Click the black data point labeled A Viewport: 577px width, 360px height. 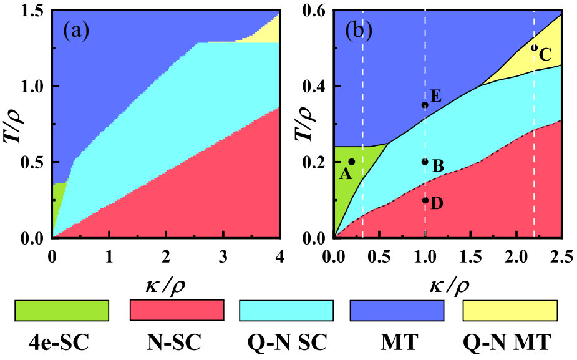[352, 162]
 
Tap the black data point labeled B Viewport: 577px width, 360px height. [425, 162]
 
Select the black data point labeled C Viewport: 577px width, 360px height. [534, 47]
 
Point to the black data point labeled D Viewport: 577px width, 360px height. [425, 200]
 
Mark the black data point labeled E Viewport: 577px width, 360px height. [425, 105]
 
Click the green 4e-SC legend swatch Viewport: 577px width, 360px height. [61, 309]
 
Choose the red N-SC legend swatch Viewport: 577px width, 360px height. [177, 309]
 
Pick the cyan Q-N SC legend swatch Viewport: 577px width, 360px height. [287, 309]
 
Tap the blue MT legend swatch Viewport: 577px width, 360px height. [397, 309]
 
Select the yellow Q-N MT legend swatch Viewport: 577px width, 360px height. [509, 309]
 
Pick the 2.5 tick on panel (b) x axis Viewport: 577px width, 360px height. [561, 256]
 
